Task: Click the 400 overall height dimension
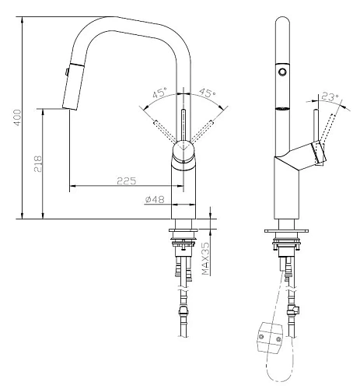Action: point(18,117)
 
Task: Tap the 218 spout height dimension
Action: point(38,163)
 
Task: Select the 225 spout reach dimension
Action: point(127,180)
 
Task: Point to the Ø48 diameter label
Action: point(155,199)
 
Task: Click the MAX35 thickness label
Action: point(205,258)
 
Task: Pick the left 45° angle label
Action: point(159,93)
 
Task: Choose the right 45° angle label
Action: point(208,93)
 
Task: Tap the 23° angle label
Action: point(330,96)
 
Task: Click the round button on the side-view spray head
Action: point(282,71)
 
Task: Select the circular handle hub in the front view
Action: point(183,151)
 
